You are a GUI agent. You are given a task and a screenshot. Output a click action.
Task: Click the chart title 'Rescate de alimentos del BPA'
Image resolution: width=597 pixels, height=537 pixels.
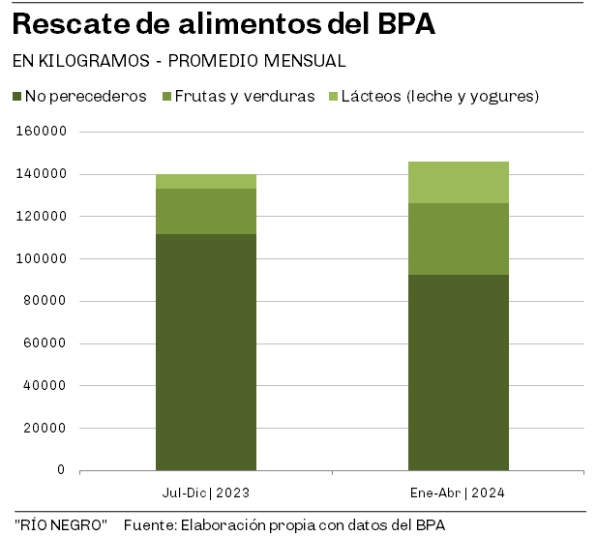pyautogui.click(x=224, y=24)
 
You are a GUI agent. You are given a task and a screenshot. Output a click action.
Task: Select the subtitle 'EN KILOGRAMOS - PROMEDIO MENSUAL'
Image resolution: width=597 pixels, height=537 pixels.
pyautogui.click(x=179, y=61)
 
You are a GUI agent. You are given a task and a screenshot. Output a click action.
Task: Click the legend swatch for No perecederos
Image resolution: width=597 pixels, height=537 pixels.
pyautogui.click(x=17, y=97)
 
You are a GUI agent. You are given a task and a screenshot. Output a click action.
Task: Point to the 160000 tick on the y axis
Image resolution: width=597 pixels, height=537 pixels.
pyautogui.click(x=42, y=132)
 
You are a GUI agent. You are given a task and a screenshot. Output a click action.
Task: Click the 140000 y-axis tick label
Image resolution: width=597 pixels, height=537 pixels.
pyautogui.click(x=42, y=174)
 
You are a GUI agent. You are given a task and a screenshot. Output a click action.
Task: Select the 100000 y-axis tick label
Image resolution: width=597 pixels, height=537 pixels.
pyautogui.click(x=42, y=258)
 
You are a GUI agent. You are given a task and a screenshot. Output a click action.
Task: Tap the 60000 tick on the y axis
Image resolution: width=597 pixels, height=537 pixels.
pyautogui.click(x=45, y=343)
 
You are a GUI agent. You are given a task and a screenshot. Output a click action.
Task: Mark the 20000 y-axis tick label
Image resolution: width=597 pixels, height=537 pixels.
pyautogui.click(x=45, y=428)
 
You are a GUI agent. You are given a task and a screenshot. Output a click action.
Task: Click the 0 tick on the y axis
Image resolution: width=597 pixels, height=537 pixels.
pyautogui.click(x=61, y=470)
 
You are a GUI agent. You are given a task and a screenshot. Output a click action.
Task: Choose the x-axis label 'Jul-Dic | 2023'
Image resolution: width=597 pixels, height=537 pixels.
pyautogui.click(x=206, y=493)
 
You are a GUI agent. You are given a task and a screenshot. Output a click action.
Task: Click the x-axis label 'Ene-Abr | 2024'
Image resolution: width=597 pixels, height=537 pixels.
pyautogui.click(x=458, y=493)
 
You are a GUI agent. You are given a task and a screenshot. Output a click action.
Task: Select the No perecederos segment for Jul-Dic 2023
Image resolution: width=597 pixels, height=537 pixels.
pyautogui.click(x=206, y=352)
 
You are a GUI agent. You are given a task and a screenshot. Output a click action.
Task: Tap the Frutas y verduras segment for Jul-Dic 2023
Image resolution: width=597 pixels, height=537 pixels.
pyautogui.click(x=206, y=211)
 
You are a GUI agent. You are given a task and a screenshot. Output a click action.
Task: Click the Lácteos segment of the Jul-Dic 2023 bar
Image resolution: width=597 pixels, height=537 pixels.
pyautogui.click(x=206, y=181)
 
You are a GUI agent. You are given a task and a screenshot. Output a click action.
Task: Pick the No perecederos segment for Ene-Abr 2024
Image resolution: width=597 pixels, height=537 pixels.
pyautogui.click(x=458, y=373)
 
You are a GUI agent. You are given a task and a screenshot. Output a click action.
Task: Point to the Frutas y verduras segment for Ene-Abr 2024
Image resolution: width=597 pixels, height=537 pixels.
pyautogui.click(x=458, y=239)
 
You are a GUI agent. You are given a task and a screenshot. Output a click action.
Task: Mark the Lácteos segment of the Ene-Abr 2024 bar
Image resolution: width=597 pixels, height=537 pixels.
pyautogui.click(x=458, y=182)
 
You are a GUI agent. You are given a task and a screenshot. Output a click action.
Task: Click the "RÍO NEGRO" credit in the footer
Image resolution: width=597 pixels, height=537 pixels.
pyautogui.click(x=61, y=524)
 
